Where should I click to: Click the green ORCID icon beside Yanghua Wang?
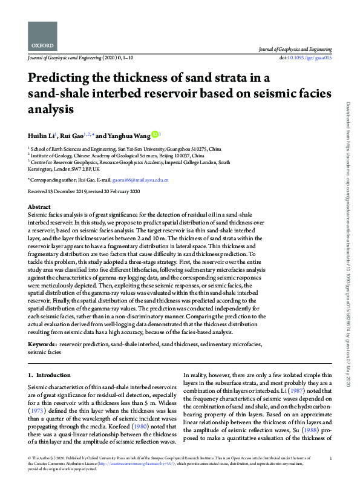tap(154, 134)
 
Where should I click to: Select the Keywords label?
tap(42, 344)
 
